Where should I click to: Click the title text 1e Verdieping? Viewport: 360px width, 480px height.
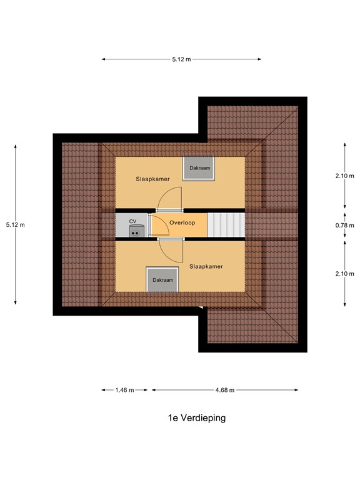point(196,418)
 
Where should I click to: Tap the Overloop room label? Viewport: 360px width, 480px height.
point(183,222)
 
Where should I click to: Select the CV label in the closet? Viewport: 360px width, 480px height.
point(132,221)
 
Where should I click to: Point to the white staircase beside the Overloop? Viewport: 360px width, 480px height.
point(226,224)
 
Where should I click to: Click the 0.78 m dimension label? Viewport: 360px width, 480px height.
point(344,225)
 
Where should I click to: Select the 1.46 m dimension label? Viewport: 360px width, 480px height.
point(125,390)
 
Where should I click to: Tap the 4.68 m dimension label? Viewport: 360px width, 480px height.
point(224,390)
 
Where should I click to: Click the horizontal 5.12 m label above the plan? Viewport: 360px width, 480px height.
point(181,59)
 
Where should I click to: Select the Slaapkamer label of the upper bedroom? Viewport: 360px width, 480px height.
point(153,179)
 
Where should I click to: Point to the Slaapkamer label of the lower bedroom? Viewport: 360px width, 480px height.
point(206,266)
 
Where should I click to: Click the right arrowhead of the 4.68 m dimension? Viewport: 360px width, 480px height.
point(296,390)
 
